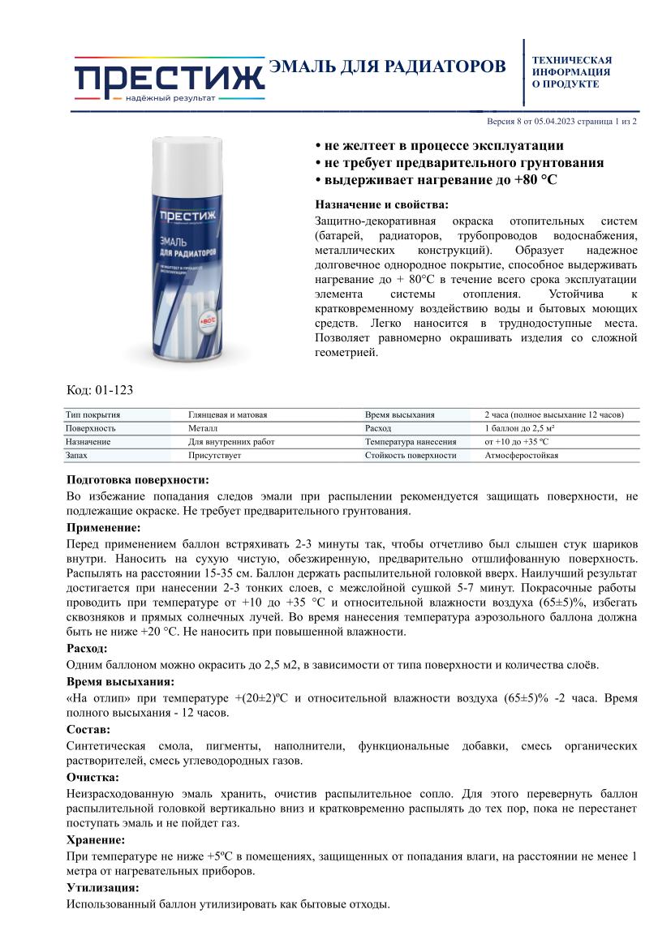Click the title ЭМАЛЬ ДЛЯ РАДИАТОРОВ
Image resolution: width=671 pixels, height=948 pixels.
[387, 66]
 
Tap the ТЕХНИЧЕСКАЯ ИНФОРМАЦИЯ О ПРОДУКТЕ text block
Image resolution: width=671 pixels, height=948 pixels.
[571, 72]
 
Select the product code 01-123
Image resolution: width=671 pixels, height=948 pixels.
[100, 390]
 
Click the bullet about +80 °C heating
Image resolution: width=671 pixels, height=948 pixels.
[436, 179]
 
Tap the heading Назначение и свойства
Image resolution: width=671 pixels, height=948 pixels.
[381, 204]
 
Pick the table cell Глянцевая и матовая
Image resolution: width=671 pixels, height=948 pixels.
[228, 414]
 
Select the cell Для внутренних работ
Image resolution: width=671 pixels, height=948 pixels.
[231, 442]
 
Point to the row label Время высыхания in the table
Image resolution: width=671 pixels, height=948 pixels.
[400, 414]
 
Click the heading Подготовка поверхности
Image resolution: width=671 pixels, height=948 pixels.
[138, 479]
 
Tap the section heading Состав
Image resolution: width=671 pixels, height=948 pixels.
[88, 729]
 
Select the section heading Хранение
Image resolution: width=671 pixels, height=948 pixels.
[96, 839]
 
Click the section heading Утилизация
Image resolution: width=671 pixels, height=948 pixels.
[102, 887]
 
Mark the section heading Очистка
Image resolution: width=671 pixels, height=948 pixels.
[92, 777]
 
